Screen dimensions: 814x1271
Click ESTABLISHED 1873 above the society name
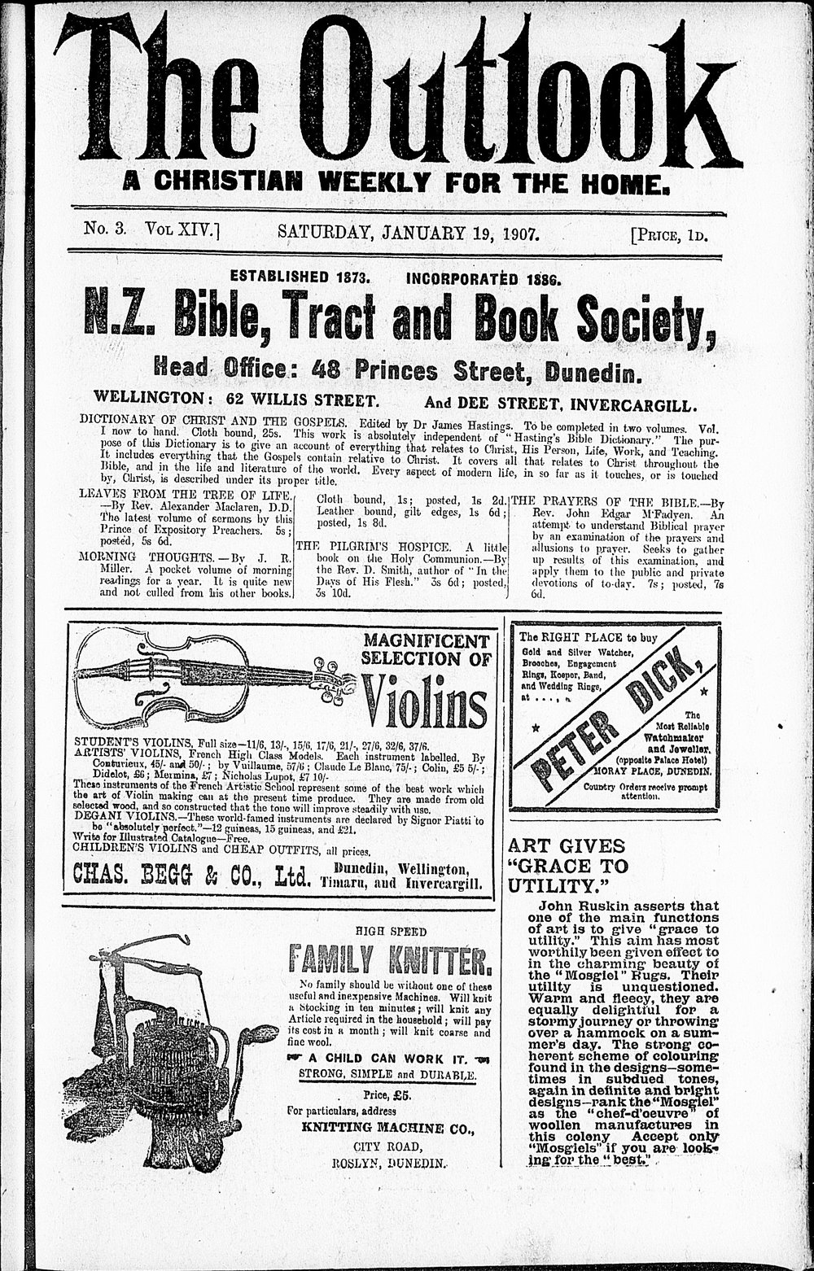tap(300, 277)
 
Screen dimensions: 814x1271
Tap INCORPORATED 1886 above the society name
tap(484, 279)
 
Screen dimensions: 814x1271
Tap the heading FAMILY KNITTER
tap(390, 961)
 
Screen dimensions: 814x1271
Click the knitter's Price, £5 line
tap(387, 1094)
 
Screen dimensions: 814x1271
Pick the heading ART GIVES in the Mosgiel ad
tap(567, 845)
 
